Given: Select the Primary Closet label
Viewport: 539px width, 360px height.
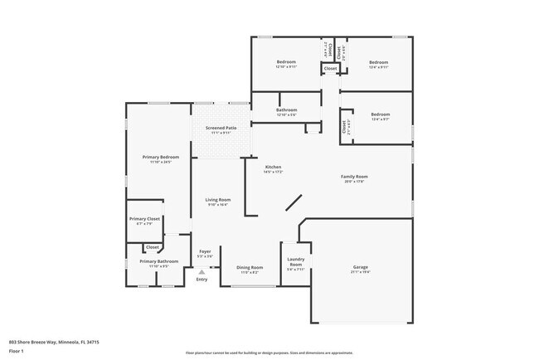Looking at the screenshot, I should pos(144,221).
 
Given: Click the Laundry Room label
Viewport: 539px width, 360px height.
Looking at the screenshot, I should pos(295,264).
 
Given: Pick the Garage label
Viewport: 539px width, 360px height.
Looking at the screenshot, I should pos(360,269).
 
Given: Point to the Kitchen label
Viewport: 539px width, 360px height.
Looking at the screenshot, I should pos(273,169).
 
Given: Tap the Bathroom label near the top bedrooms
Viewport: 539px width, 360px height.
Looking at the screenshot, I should pos(286,112).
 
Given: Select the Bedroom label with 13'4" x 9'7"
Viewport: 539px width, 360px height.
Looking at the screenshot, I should pos(380,116).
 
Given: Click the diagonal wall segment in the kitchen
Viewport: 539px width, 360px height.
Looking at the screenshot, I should pos(294,205).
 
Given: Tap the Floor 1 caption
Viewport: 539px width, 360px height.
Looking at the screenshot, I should pos(16,352).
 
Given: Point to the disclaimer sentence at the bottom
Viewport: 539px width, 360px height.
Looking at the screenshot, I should pos(269,353).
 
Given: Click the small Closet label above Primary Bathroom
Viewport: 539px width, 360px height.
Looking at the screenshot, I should pos(153,247).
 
